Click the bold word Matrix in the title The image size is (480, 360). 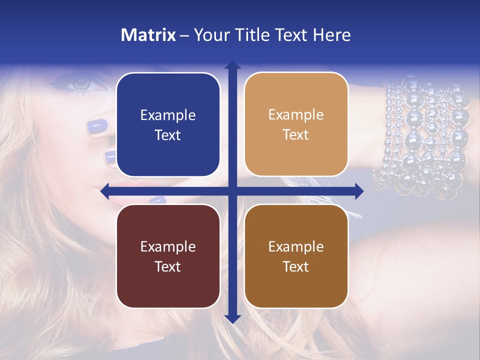tap(148, 35)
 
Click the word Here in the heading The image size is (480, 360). tap(332, 35)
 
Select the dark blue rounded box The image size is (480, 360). tap(168, 125)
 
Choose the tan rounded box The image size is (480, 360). tap(296, 125)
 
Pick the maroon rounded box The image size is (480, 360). tap(168, 256)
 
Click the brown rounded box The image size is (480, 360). tap(296, 256)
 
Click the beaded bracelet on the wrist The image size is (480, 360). tap(425, 135)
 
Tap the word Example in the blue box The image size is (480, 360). tap(168, 115)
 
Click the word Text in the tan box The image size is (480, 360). tap(296, 135)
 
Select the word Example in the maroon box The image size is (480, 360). tap(168, 246)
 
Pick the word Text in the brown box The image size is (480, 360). tap(296, 266)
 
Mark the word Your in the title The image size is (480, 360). tap(210, 35)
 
